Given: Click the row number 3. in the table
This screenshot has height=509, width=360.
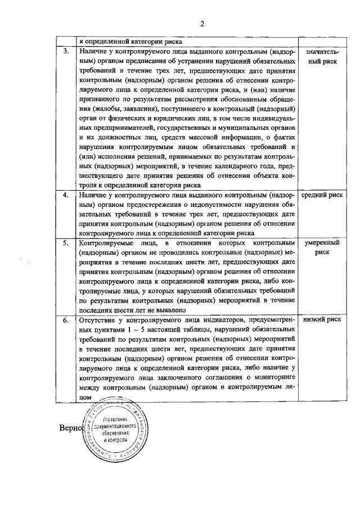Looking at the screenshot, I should (66, 51).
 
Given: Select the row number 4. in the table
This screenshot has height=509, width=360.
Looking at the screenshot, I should (66, 195).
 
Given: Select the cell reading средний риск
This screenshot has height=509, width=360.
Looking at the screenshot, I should (322, 195).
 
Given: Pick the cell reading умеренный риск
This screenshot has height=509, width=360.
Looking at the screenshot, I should (322, 248).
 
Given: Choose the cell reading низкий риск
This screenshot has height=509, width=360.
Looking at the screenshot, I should (322, 320).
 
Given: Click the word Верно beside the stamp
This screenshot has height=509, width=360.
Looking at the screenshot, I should (70, 429).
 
